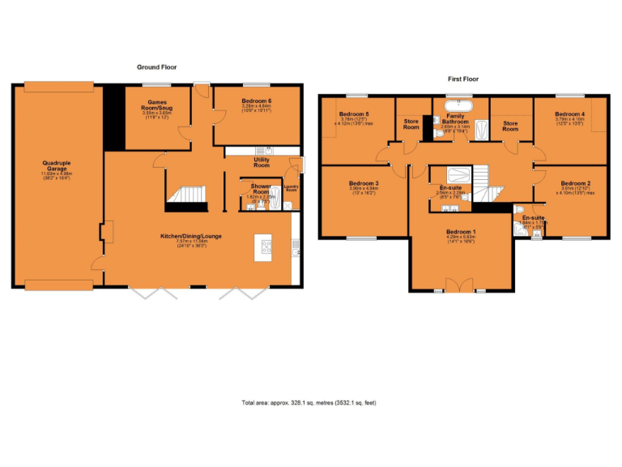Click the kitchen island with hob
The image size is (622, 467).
point(265,247)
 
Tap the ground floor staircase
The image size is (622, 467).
point(187,195)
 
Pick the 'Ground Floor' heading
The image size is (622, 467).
point(156,67)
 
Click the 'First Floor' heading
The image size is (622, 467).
point(463,79)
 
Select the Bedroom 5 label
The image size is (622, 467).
point(354,114)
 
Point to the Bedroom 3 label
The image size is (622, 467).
point(364,184)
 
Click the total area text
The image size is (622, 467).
point(309,403)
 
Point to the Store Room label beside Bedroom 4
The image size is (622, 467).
point(510,125)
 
